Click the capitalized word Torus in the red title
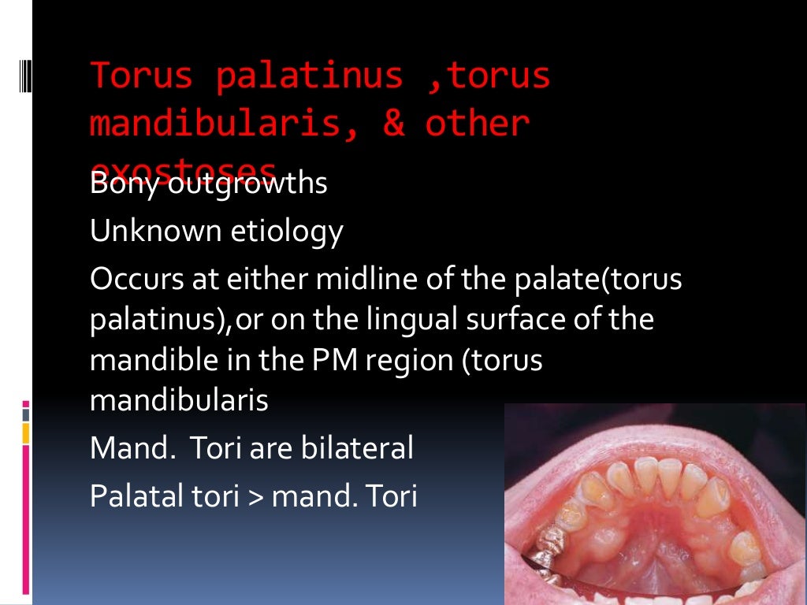pos(141,76)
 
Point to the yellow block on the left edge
pos(25,432)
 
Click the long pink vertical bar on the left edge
pos(25,519)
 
